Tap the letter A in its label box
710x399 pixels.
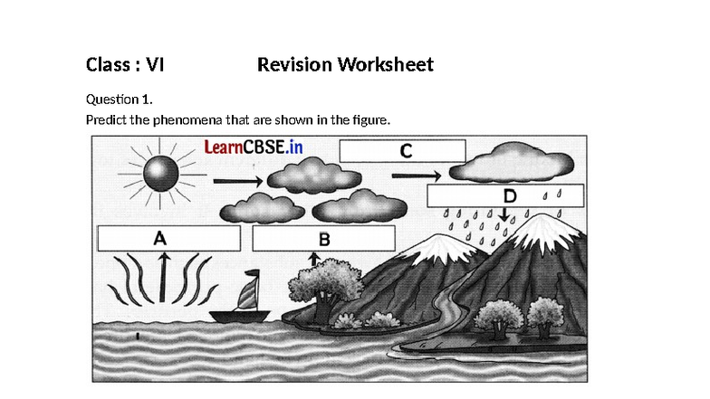click(x=160, y=239)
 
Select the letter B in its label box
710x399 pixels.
click(x=323, y=239)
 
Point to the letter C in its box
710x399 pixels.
click(x=407, y=150)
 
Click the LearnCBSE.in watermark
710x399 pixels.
click(x=253, y=147)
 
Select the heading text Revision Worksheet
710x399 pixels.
click(x=345, y=65)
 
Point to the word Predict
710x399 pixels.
click(x=106, y=119)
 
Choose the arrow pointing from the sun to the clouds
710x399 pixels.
click(x=237, y=181)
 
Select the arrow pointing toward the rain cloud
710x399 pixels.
click(x=417, y=175)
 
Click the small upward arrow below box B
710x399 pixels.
click(x=313, y=259)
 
